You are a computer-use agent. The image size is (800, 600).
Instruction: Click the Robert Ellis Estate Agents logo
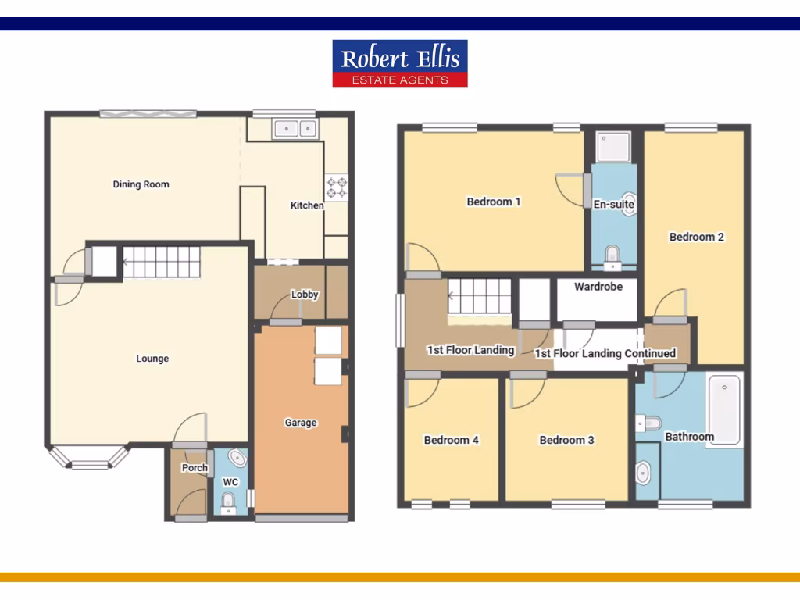[400, 63]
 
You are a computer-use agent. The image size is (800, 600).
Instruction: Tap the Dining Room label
[141, 185]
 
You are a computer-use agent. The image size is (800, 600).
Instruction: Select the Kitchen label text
[307, 205]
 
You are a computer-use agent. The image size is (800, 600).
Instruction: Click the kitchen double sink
[295, 128]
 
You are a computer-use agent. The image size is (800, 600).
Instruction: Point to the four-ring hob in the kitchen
[337, 187]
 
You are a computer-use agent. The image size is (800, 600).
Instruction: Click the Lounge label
[152, 359]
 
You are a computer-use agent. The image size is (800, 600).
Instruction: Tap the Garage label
[301, 423]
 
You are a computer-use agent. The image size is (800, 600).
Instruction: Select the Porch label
[195, 468]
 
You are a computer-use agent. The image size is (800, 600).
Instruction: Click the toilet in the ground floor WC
[228, 499]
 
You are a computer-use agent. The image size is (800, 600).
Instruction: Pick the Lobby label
[305, 295]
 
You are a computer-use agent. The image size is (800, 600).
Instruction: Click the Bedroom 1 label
[494, 202]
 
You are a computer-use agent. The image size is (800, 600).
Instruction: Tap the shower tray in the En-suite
[613, 147]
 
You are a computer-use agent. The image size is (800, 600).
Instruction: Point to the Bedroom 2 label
[697, 237]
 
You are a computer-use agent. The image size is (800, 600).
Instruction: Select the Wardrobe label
[598, 287]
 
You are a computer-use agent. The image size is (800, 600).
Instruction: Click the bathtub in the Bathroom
[725, 410]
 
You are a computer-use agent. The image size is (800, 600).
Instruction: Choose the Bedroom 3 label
[567, 440]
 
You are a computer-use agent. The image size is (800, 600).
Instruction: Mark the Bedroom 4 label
[452, 440]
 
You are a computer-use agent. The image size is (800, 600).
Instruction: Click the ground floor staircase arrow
[127, 262]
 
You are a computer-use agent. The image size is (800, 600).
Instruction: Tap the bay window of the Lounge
[88, 459]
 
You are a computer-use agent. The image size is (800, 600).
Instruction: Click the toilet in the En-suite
[612, 254]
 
